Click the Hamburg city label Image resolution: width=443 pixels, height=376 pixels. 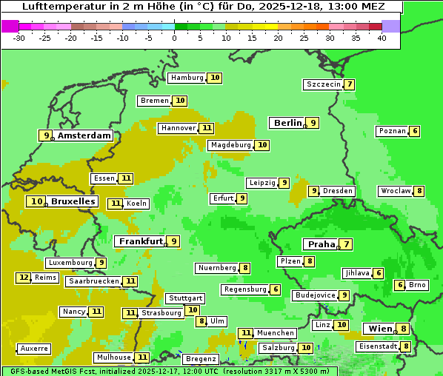point(187,78)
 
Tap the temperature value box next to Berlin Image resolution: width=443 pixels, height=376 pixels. point(313,123)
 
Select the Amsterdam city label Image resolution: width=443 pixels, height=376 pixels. point(84,135)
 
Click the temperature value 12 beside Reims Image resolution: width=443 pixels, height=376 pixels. point(24,278)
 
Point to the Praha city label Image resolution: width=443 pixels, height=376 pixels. point(322,244)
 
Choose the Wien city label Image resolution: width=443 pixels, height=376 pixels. point(380,329)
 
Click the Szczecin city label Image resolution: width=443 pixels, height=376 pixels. point(324,84)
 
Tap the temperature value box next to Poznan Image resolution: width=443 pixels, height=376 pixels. point(415,132)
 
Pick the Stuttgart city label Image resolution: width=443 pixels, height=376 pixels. point(184,298)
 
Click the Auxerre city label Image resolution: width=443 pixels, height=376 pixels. point(34,349)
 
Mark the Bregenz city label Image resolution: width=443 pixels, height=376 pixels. point(201,359)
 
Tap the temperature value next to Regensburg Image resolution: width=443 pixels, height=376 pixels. point(276,289)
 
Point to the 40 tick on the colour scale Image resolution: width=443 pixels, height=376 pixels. point(382,38)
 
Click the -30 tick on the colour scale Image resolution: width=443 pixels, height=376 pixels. point(19,38)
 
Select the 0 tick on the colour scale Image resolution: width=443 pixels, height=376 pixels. point(174,38)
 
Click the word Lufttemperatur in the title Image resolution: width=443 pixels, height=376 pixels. point(56,6)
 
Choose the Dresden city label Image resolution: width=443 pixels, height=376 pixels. point(338,191)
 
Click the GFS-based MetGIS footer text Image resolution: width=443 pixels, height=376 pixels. point(44,371)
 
